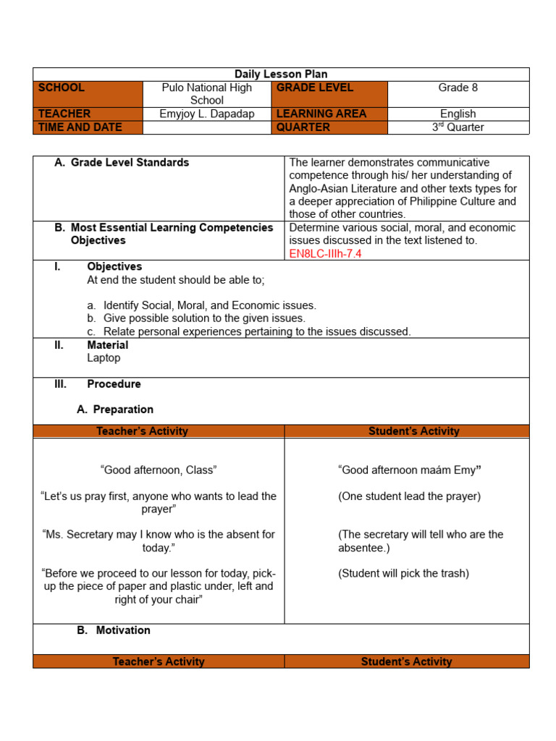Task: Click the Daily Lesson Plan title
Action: [281, 75]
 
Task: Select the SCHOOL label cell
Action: [88, 94]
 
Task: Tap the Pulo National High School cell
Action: [207, 94]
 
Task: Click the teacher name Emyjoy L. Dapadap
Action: [207, 114]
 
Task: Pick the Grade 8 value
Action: [458, 88]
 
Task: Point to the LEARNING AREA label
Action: [321, 114]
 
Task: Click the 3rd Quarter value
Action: [458, 127]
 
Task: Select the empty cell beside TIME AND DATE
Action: [207, 127]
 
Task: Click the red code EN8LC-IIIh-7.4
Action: [325, 253]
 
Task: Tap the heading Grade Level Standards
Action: [130, 163]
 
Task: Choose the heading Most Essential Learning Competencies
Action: [172, 228]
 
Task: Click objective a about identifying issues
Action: [209, 305]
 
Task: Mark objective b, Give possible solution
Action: [204, 318]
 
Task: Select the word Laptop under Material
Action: [104, 358]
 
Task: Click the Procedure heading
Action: [114, 384]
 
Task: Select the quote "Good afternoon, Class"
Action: [159, 470]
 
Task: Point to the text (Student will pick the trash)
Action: [403, 574]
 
